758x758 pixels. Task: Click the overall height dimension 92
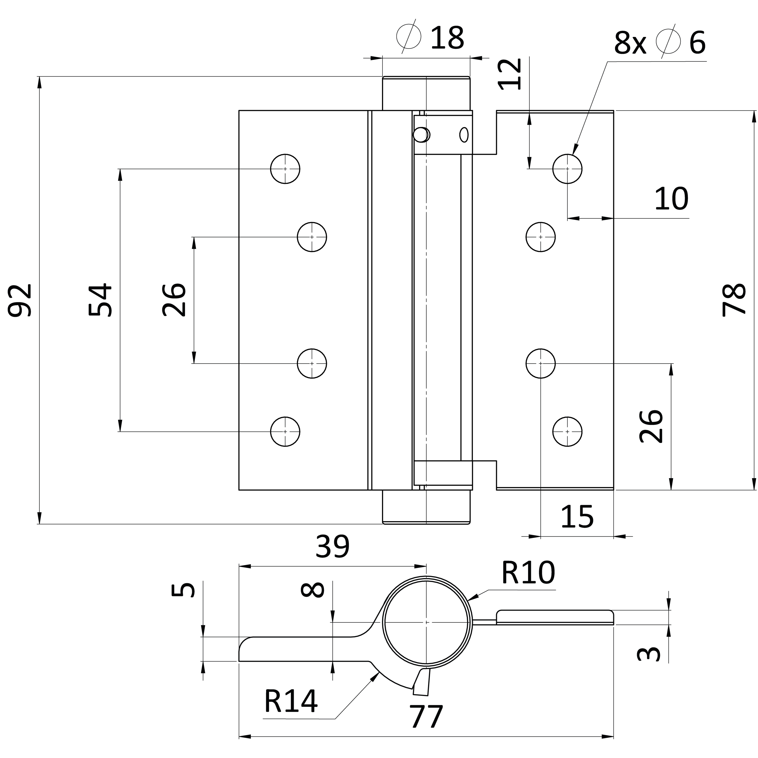click(x=20, y=300)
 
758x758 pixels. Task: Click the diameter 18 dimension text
click(x=430, y=38)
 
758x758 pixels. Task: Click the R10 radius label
click(x=528, y=573)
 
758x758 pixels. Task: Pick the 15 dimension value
click(x=577, y=517)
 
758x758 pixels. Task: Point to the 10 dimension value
click(x=671, y=199)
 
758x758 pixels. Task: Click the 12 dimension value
click(x=509, y=74)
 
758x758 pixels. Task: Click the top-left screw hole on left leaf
click(x=285, y=169)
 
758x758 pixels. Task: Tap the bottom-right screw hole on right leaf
click(x=567, y=432)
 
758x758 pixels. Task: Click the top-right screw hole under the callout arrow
click(x=567, y=169)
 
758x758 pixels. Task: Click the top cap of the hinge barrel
click(x=426, y=93)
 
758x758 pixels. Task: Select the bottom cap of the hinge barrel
click(x=426, y=507)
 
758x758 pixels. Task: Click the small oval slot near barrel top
click(x=464, y=135)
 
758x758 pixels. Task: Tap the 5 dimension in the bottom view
click(x=183, y=590)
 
